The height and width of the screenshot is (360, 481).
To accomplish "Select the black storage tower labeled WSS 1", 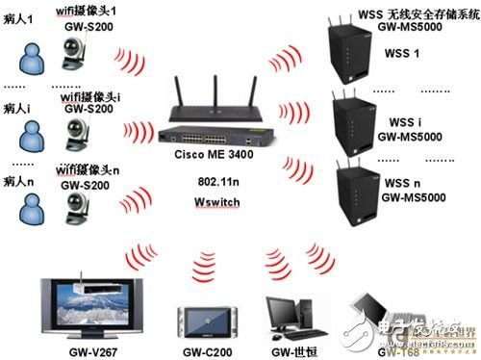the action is click(366, 54).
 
